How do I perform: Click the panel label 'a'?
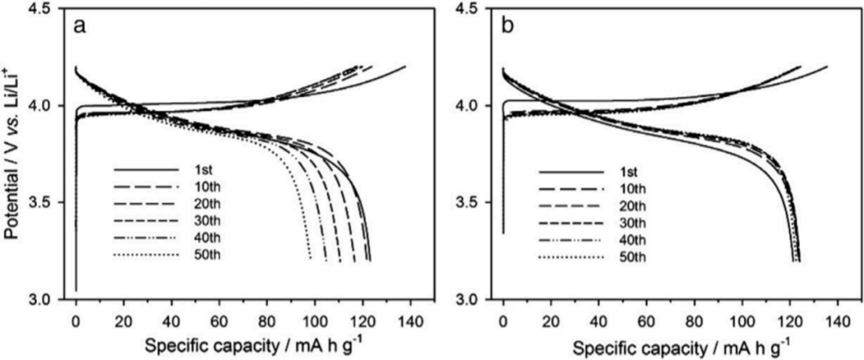(x=80, y=26)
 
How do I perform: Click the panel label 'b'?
(x=507, y=26)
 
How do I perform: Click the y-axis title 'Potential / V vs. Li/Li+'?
(x=14, y=154)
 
